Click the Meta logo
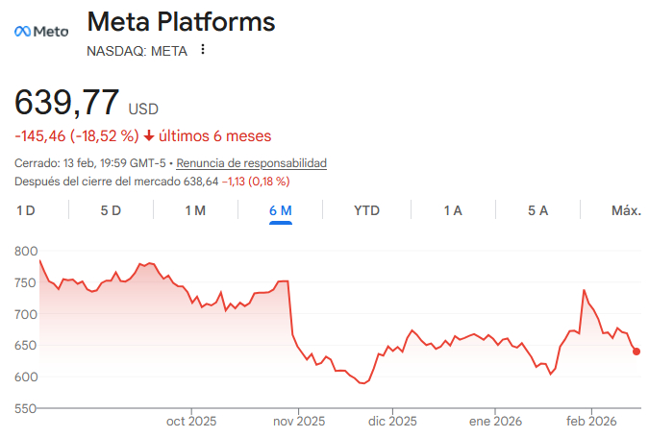tap(41, 31)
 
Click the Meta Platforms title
tap(181, 22)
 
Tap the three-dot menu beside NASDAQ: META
tap(202, 50)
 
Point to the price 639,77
tap(67, 103)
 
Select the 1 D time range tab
tap(26, 210)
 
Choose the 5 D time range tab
tap(111, 210)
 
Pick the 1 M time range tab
tap(195, 210)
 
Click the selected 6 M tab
tap(281, 210)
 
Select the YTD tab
tap(366, 210)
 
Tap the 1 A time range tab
tap(452, 210)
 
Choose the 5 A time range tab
tap(537, 210)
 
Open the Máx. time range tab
tap(626, 210)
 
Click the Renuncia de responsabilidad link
tap(252, 163)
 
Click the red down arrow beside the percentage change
tap(149, 135)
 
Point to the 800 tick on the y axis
tap(26, 252)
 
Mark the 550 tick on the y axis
tap(26, 408)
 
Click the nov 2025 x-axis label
tap(298, 421)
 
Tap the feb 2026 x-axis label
tap(590, 421)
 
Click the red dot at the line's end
tap(637, 352)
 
